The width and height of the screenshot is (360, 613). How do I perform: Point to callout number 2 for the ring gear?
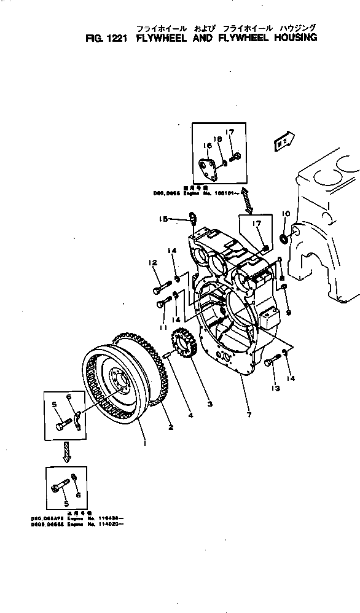coord(170,426)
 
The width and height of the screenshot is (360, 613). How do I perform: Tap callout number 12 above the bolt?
coord(150,264)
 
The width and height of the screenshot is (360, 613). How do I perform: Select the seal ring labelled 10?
coord(283,237)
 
